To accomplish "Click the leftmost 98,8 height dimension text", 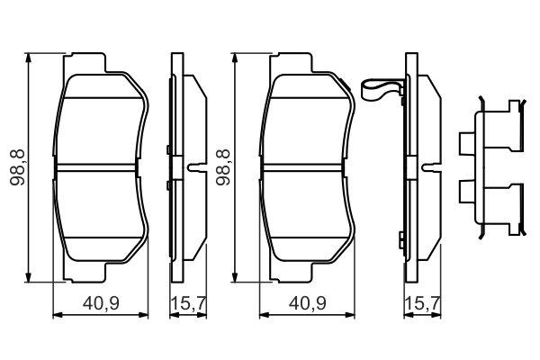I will pos(16,166).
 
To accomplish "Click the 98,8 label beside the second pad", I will pos(221,166).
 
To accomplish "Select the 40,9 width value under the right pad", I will pos(310,304).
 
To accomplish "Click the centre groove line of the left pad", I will pos(102,167).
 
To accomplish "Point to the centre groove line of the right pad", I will pos(306,167).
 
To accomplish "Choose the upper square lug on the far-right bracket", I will pos(465,143).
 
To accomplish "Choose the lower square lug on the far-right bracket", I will pos(465,191).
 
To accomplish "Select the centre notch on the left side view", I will pos(193,167).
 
